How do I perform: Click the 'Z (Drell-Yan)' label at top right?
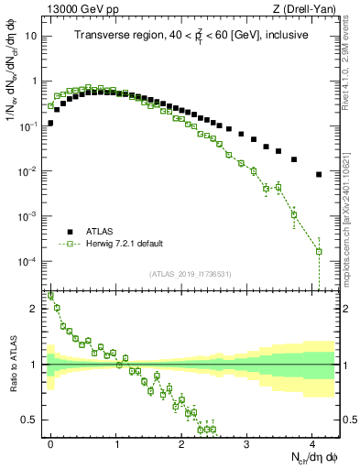point(310,9)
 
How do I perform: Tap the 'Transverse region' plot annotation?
point(192,36)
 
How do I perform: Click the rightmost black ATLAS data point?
point(319,174)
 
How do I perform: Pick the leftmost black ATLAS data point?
point(51,122)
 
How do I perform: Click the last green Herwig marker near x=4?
point(319,251)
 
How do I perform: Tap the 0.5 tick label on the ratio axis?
point(32,420)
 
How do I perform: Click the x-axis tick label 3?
point(246,443)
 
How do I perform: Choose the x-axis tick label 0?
point(51,443)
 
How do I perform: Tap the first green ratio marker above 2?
point(51,296)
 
